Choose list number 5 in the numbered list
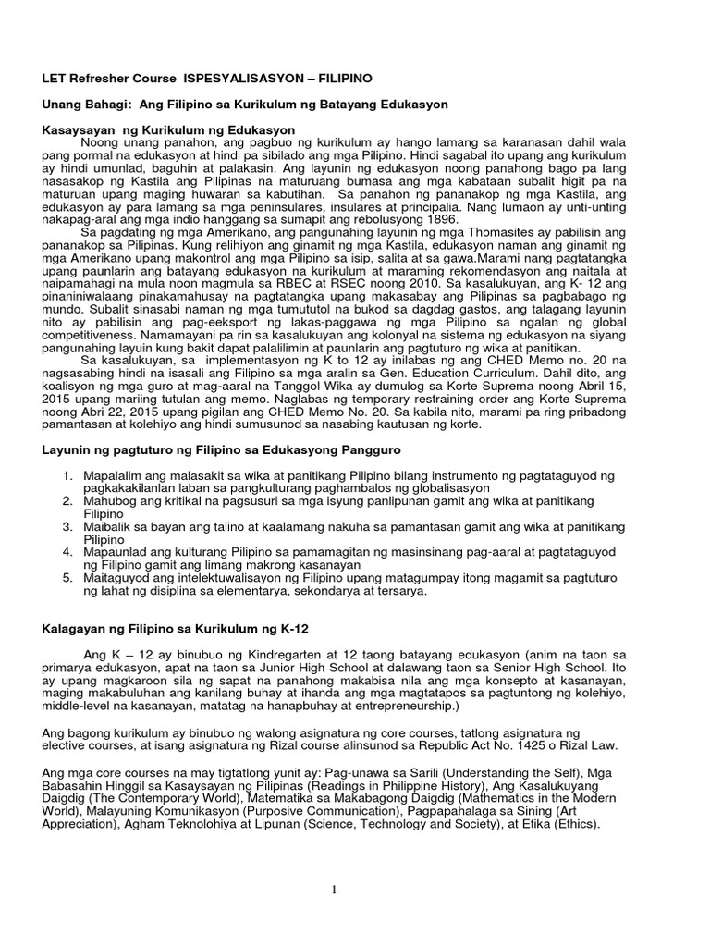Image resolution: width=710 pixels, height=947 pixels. (x=67, y=578)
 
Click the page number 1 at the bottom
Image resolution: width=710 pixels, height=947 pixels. (x=355, y=890)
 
